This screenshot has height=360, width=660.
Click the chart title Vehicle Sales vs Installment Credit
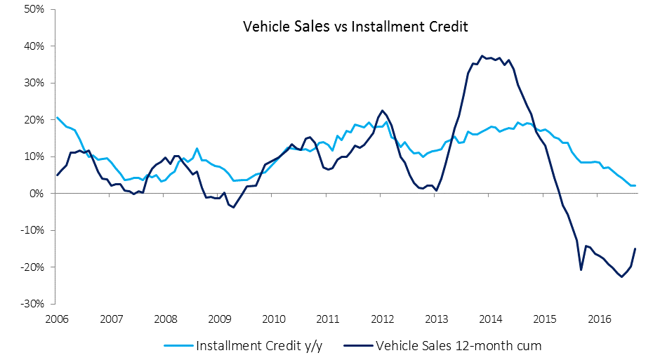(355, 27)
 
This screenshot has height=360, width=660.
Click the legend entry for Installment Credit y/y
(244, 346)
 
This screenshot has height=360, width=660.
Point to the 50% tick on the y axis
(34, 9)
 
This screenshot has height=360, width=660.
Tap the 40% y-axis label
(34, 46)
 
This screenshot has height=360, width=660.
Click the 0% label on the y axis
(37, 194)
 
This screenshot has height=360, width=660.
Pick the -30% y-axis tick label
(32, 304)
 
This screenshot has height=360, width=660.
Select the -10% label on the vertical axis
(32, 230)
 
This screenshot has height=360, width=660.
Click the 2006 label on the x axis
(57, 319)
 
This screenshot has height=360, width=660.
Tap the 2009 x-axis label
(220, 319)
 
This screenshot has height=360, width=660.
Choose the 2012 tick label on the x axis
(382, 319)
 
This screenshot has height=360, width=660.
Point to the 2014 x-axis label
(490, 319)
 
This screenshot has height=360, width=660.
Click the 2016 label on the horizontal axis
(599, 319)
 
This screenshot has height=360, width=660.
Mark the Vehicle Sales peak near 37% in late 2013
(482, 55)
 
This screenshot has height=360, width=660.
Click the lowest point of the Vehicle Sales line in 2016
(621, 276)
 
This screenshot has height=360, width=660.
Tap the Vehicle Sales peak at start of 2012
(382, 111)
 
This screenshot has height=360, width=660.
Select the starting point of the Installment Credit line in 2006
(57, 117)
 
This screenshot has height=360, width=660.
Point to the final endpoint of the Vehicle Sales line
(635, 248)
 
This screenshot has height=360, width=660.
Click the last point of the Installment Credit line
(635, 185)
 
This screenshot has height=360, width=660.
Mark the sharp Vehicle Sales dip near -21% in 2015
(581, 270)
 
